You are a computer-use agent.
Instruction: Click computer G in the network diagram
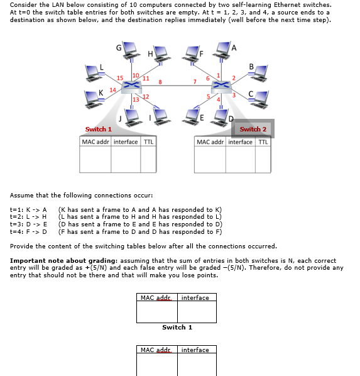click(x=131, y=51)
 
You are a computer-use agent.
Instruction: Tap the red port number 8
click(x=160, y=82)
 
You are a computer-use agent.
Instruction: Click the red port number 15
click(x=120, y=77)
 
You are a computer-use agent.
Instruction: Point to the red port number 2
click(x=233, y=77)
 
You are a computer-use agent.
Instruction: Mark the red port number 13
click(x=135, y=100)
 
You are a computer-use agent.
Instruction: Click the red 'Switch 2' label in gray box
click(x=253, y=130)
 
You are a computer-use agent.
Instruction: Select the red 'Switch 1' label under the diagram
click(x=98, y=130)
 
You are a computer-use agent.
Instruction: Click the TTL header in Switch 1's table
click(x=148, y=141)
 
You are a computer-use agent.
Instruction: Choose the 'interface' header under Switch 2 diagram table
click(x=240, y=141)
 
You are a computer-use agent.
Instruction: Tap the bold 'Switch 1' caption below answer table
click(x=177, y=328)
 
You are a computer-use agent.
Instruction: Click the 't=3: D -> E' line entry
click(x=29, y=224)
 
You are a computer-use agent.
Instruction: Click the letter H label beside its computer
click(x=150, y=53)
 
